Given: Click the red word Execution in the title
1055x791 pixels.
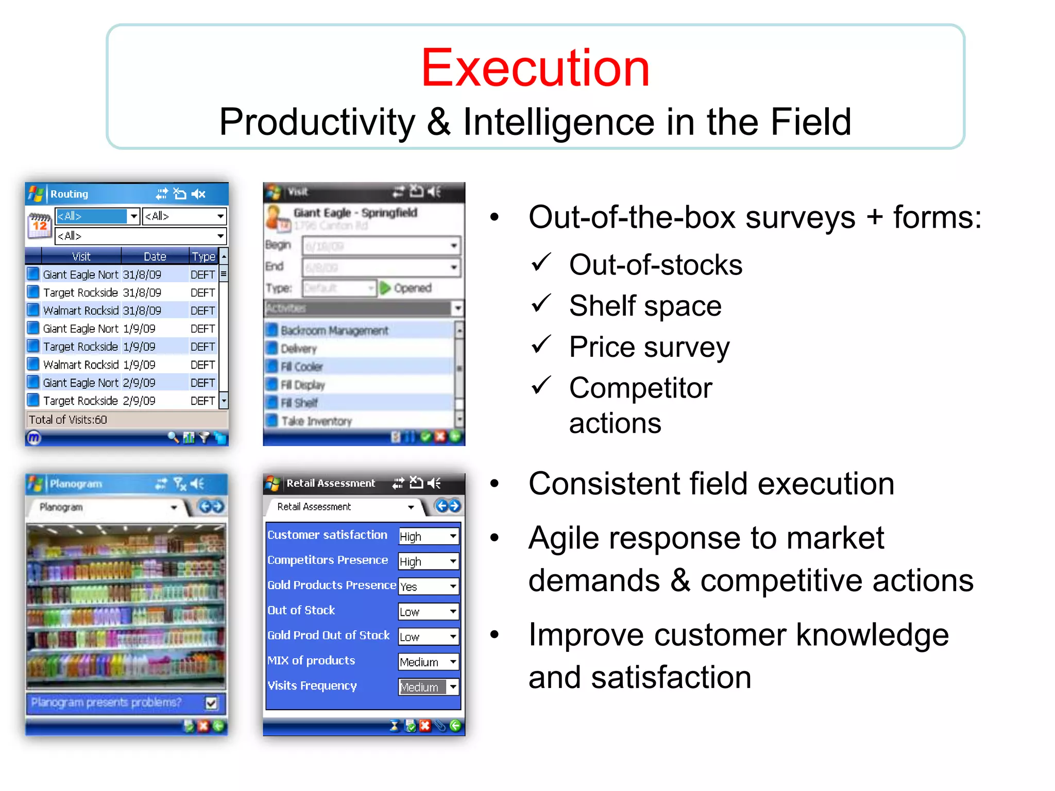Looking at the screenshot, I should coord(535,68).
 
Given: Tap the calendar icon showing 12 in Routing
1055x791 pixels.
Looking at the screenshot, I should coord(39,225).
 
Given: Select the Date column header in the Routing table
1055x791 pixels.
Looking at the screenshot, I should coord(155,256).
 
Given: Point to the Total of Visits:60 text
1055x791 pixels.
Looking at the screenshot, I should coord(68,420).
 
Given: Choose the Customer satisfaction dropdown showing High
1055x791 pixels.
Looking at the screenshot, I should coord(429,536).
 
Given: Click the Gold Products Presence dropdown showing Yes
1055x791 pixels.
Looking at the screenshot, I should coord(429,586).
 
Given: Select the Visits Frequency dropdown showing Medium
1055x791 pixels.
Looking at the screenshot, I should coord(429,686).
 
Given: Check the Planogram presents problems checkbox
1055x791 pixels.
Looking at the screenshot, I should coord(211,703).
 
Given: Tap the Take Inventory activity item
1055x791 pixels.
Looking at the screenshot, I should coord(316,421).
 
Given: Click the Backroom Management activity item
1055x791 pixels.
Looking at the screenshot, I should coord(334,331).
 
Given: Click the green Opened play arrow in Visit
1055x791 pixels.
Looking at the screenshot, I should coord(385,288).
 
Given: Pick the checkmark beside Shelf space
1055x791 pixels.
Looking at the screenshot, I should coord(541,304).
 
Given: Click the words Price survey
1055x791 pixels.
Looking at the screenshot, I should coord(649,347).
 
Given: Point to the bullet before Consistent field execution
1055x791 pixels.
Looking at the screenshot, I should coord(495,484).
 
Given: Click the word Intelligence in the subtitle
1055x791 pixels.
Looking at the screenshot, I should coord(559,122).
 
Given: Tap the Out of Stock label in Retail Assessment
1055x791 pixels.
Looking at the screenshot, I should coord(301,610).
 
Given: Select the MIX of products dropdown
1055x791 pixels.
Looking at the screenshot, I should coord(429,662).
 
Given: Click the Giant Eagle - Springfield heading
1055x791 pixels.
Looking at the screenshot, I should coord(355,213).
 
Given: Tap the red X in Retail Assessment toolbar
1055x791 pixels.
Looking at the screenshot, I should coord(425,726).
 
